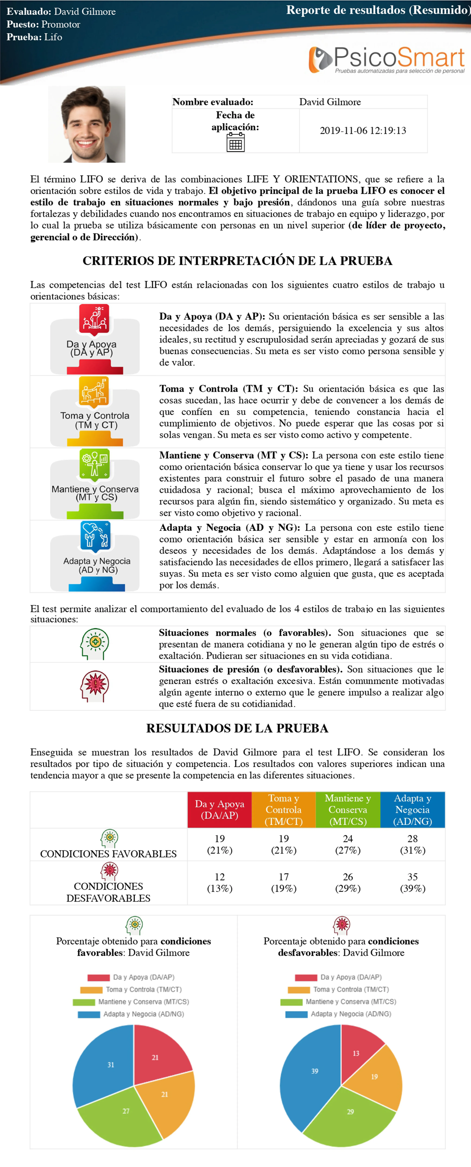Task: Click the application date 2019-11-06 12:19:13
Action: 363,131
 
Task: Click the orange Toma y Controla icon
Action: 94,390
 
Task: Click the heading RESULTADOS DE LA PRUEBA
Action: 237,728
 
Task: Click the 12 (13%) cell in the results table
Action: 220,882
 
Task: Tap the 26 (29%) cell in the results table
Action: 348,882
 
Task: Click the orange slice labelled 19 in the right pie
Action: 378,1080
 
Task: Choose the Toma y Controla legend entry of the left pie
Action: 131,989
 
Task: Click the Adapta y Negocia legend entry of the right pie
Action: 339,1014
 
